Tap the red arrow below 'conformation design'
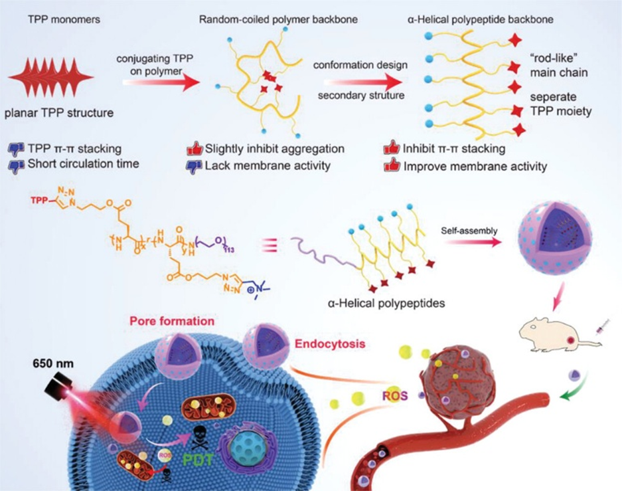coord(359,82)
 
